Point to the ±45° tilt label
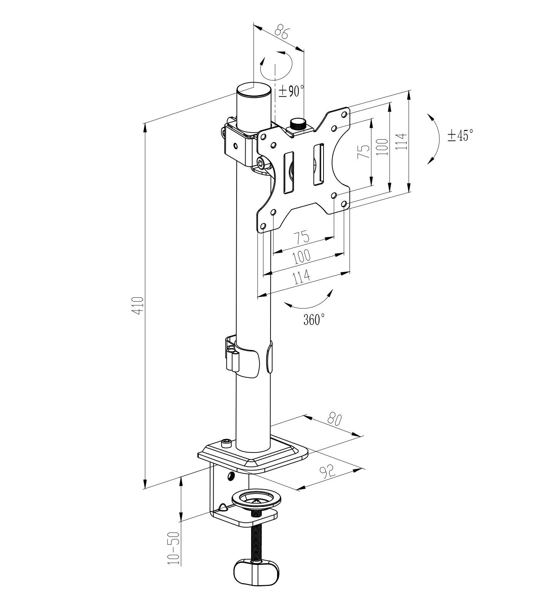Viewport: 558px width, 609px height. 460,135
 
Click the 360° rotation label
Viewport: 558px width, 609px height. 314,319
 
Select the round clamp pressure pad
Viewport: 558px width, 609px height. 256,499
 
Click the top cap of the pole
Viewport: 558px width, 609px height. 254,89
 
